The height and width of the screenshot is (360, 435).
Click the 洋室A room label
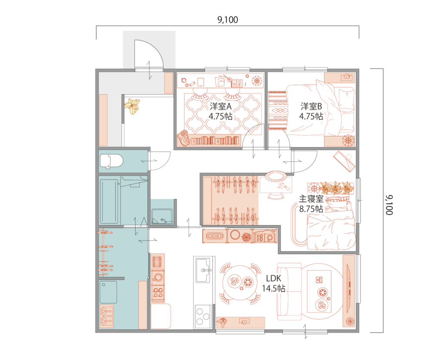221,106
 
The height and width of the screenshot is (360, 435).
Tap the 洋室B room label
311,106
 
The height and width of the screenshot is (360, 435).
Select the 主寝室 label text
311,199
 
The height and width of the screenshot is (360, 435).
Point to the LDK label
274,278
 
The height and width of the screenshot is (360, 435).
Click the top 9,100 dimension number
228,20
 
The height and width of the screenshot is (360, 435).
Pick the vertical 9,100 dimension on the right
389,205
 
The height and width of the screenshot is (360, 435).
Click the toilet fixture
111,161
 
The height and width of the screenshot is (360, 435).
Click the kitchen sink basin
203,270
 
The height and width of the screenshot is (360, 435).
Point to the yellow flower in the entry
132,106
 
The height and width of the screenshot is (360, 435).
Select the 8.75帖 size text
311,209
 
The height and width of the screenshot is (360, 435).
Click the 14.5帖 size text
274,288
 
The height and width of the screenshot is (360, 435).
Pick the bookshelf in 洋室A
215,140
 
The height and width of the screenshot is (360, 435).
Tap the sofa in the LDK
289,291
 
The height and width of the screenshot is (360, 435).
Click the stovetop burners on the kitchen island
203,315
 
